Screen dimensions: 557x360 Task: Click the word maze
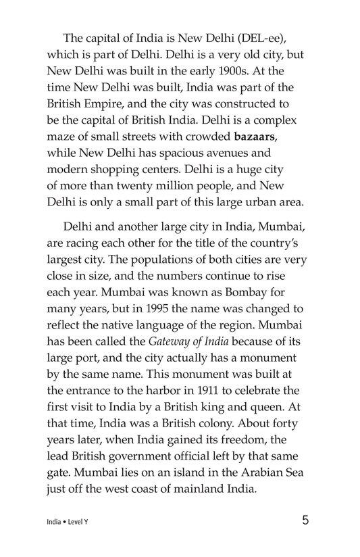[61, 135]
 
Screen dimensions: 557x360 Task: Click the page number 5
[306, 522]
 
